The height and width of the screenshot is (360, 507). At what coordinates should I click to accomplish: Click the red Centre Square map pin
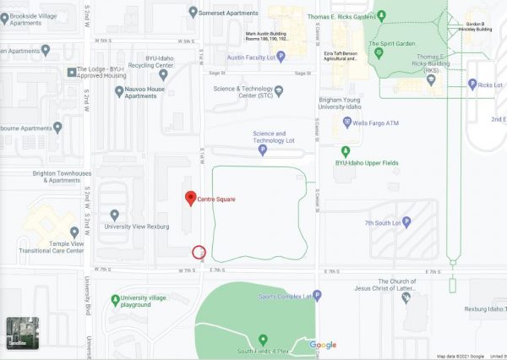click(190, 198)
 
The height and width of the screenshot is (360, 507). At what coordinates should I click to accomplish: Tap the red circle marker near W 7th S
click(199, 250)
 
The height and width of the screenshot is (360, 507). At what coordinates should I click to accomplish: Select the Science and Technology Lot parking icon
click(262, 150)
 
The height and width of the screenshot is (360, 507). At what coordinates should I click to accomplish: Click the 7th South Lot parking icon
click(406, 222)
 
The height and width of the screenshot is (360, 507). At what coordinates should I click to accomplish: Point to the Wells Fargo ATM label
click(374, 123)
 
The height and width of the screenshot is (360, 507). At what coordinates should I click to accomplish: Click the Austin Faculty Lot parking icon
click(281, 57)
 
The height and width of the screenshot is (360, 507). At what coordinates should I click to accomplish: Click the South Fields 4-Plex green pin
click(263, 339)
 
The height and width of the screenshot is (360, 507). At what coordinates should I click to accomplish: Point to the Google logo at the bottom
click(323, 345)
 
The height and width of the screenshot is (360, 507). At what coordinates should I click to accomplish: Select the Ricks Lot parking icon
click(472, 85)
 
